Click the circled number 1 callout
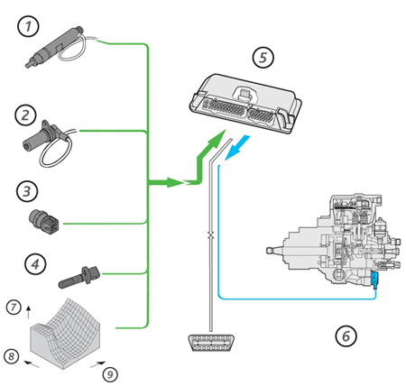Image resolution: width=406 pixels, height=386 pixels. pos(28,26)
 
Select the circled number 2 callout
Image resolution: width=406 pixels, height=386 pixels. pos(25,115)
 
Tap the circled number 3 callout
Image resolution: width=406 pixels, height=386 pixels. pos(27,191)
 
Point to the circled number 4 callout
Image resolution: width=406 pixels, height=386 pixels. pos(35,264)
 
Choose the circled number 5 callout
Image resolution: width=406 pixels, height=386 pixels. pos(263,57)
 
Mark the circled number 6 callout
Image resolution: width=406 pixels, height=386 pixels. pos(346,335)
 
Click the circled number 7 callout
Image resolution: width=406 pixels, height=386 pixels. pos(14,308)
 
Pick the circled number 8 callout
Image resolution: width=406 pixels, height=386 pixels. pos(12,356)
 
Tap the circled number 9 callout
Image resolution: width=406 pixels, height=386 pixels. pos(110,374)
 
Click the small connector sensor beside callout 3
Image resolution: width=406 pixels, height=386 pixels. pos(44,220)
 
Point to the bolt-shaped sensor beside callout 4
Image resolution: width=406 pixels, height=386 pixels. pos(78,277)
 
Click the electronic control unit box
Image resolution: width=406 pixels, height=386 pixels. pos(245,103)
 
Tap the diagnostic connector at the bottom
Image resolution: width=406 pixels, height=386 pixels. pos(211,343)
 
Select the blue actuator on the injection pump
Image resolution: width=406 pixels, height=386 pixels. pos(374,280)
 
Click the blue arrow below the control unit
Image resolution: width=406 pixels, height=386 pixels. pos(237,147)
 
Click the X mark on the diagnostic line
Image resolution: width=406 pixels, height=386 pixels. pos(211,235)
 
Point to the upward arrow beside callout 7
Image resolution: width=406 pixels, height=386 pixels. pos(29,313)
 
